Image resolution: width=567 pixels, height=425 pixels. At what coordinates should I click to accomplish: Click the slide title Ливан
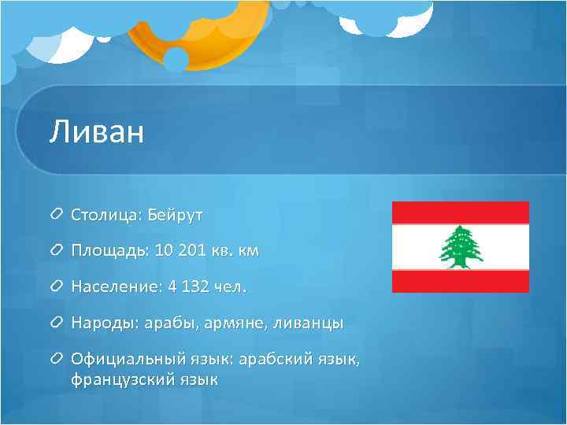[96, 131]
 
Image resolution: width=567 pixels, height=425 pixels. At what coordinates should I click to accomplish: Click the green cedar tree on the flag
[460, 246]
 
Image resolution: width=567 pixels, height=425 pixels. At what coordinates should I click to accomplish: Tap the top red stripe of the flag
[460, 212]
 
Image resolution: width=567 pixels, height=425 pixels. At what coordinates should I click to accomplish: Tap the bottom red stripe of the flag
[460, 281]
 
